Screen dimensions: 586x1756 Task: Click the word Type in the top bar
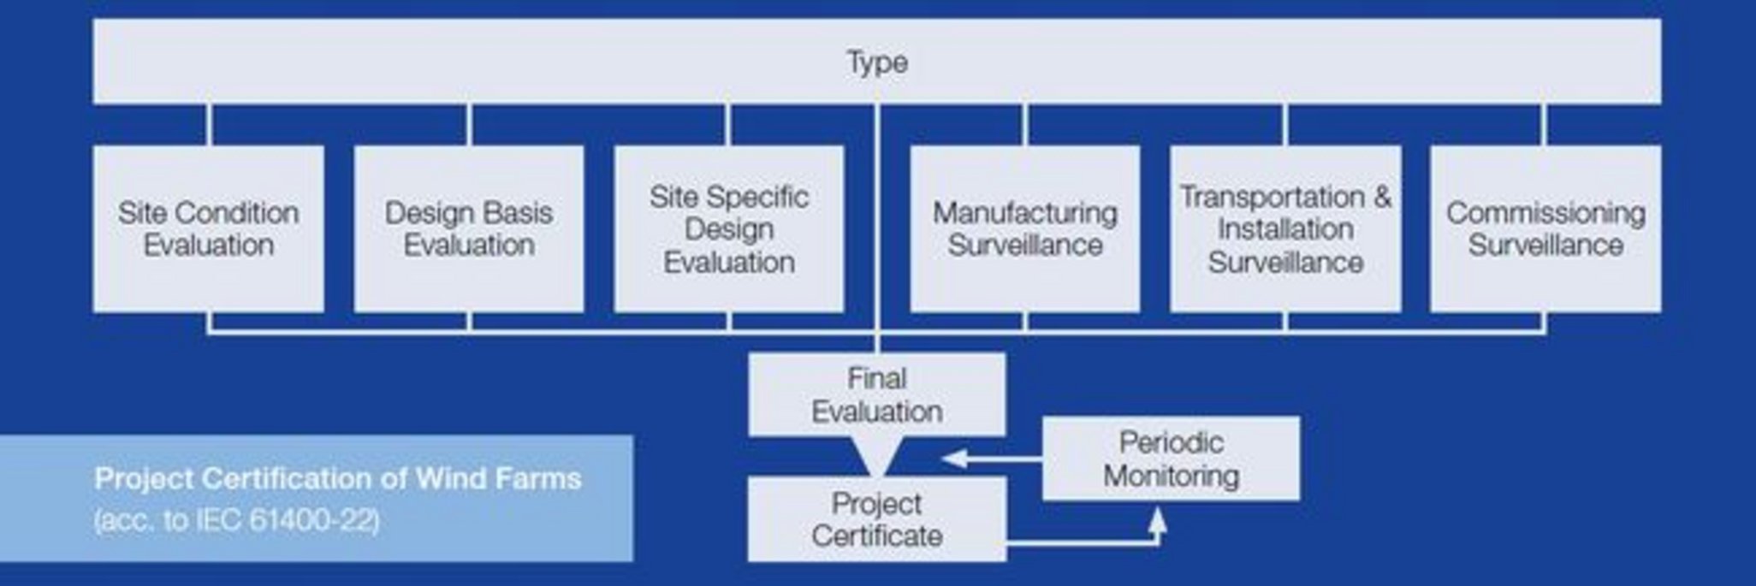click(x=877, y=62)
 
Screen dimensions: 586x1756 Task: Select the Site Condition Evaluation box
click(x=208, y=228)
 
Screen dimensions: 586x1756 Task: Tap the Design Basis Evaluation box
click(x=469, y=228)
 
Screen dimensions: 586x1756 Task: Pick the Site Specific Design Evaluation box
click(x=729, y=228)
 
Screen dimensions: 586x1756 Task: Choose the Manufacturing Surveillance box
click(x=1024, y=228)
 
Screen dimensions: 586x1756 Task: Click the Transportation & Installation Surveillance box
click(x=1285, y=228)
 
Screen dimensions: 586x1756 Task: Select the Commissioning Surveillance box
click(x=1545, y=228)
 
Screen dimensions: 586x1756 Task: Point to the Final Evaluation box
click(x=877, y=394)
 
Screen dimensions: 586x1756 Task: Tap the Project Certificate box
click(x=877, y=519)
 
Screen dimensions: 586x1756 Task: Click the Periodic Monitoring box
click(x=1171, y=459)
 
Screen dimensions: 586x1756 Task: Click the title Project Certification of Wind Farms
click(x=338, y=478)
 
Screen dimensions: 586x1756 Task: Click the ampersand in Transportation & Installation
click(x=1382, y=197)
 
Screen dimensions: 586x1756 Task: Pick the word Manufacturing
click(x=1024, y=212)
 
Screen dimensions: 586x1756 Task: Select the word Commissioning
click(x=1545, y=212)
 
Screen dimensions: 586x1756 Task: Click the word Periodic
click(x=1171, y=442)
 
